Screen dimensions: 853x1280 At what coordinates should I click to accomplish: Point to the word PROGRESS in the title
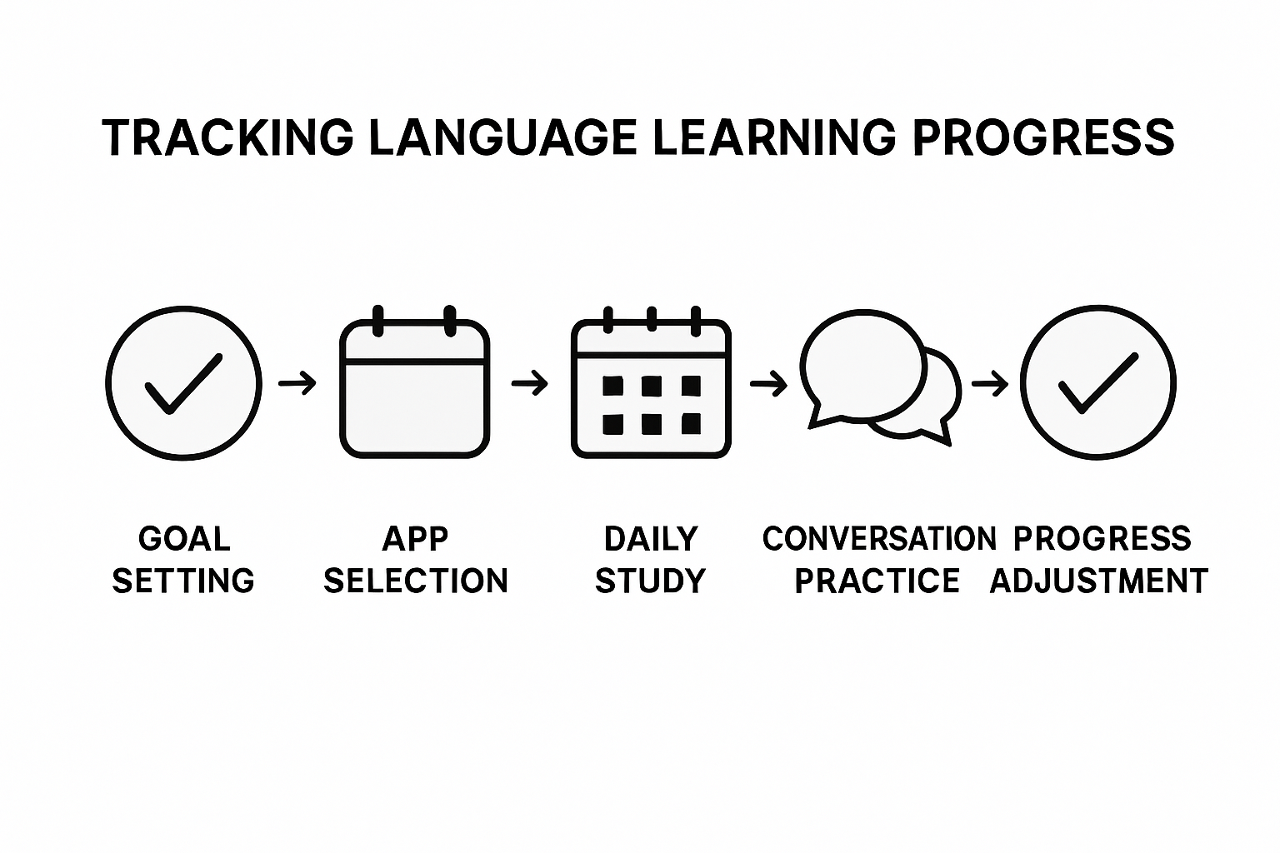(x=1043, y=137)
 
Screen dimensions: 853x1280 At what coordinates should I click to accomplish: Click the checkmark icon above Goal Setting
(x=183, y=383)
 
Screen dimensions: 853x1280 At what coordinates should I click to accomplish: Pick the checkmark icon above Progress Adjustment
(x=1098, y=383)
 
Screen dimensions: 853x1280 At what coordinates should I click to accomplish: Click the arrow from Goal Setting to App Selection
(x=297, y=383)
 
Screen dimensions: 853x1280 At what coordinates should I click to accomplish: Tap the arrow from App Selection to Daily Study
(x=530, y=383)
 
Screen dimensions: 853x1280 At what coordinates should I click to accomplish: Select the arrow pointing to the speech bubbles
(x=768, y=383)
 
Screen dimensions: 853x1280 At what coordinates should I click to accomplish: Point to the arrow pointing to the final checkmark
(x=990, y=383)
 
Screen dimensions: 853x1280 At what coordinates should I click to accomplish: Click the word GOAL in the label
(x=184, y=539)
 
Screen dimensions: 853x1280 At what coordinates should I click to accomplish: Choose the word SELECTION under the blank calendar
(x=415, y=581)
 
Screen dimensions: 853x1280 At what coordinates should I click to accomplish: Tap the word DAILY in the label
(x=650, y=539)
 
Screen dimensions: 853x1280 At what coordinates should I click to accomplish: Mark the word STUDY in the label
(x=650, y=581)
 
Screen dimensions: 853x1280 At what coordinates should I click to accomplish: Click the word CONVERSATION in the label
(x=878, y=539)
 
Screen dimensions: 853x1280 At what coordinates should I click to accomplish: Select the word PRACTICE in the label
(x=877, y=581)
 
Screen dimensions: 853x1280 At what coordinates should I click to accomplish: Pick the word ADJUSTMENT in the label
(x=1098, y=581)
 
